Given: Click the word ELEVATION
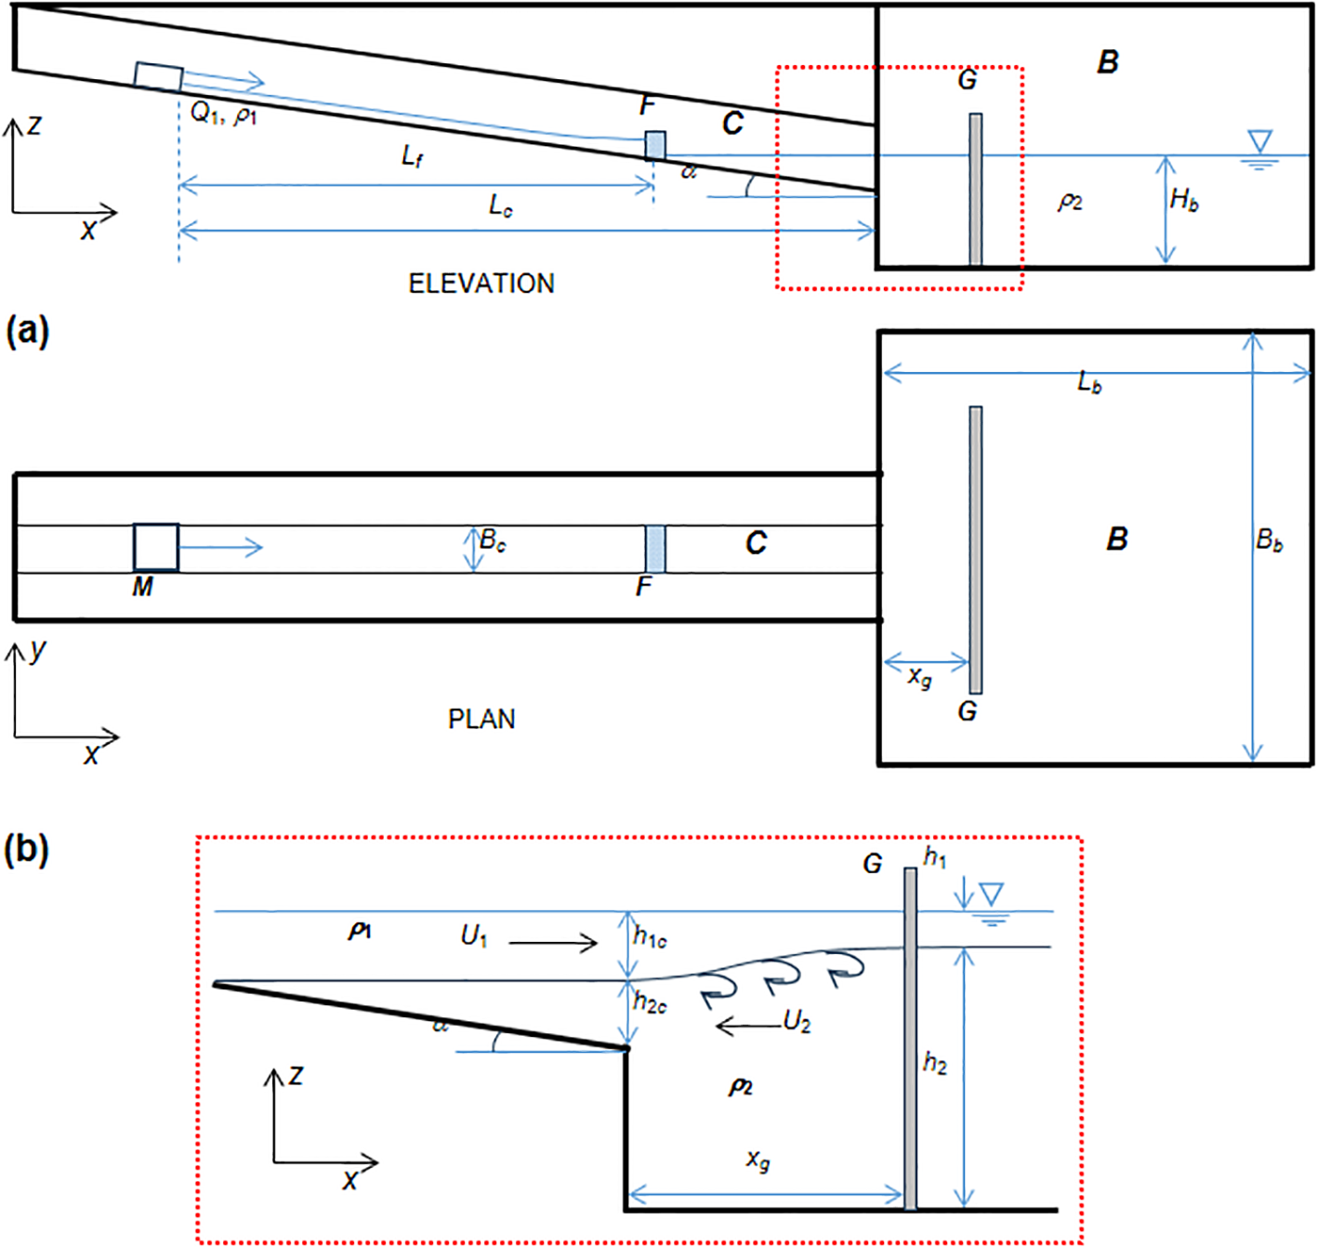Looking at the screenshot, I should [x=481, y=284].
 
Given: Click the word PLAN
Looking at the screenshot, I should [x=481, y=719].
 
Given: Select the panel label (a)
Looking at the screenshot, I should [x=27, y=330].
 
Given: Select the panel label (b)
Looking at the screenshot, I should [x=27, y=849].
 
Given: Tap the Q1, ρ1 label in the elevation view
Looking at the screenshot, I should [x=223, y=113].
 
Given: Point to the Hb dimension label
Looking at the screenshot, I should [x=1184, y=199].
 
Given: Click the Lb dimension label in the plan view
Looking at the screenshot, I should [x=1089, y=382].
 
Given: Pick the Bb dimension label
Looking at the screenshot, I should [x=1270, y=539].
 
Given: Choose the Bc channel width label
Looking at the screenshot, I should [x=493, y=540].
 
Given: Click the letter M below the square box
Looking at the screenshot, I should [x=142, y=587].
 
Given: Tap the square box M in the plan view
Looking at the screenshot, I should [x=155, y=547].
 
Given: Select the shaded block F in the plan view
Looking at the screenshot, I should [x=655, y=549].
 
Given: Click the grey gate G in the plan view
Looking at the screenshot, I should [x=975, y=549].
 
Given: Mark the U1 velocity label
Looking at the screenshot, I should [x=474, y=935].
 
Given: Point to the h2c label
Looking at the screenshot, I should [x=650, y=1002].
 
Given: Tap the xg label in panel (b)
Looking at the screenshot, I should [x=758, y=1160].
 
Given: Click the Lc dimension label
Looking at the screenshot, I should [x=501, y=206].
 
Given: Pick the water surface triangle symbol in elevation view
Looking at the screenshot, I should [x=1259, y=141].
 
